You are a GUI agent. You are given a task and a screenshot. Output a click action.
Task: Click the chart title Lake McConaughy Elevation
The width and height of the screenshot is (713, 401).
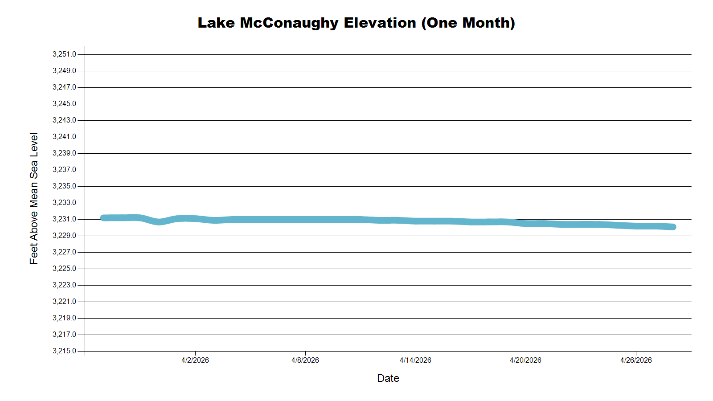356,23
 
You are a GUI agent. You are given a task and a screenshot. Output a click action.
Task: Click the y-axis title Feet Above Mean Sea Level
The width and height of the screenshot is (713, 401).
34,198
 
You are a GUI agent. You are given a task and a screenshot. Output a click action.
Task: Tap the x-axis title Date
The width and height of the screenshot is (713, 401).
388,378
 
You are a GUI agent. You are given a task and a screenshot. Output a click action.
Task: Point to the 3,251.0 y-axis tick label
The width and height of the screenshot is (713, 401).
64,54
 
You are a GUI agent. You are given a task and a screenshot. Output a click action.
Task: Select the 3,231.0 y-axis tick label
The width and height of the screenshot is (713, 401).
64,219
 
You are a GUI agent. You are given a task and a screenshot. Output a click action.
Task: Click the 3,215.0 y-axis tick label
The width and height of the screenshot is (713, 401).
64,351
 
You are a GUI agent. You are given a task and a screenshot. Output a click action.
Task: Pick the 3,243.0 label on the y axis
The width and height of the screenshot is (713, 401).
64,120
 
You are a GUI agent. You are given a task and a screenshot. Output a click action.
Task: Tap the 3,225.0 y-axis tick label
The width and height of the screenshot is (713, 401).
64,269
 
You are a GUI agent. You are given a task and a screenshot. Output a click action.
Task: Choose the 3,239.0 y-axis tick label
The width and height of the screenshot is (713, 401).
64,153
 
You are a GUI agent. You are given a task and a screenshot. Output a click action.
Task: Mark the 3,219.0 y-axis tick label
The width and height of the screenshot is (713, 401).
64,318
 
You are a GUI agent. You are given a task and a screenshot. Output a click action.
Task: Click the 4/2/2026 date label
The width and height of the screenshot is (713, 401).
195,360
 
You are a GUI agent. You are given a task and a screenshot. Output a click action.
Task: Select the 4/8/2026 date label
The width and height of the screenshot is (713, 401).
305,360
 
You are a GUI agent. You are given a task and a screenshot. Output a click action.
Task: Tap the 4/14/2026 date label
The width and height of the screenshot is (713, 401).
415,360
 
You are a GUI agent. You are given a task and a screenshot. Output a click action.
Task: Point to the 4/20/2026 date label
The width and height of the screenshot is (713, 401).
525,360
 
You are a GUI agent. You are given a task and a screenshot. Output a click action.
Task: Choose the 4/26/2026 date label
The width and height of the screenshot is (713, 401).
636,360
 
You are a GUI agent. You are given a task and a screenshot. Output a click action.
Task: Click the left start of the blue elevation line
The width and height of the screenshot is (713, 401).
103,218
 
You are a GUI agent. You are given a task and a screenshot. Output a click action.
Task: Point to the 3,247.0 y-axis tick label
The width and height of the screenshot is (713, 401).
64,87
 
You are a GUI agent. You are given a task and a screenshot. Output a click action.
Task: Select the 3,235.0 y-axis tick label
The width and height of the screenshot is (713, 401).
64,186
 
